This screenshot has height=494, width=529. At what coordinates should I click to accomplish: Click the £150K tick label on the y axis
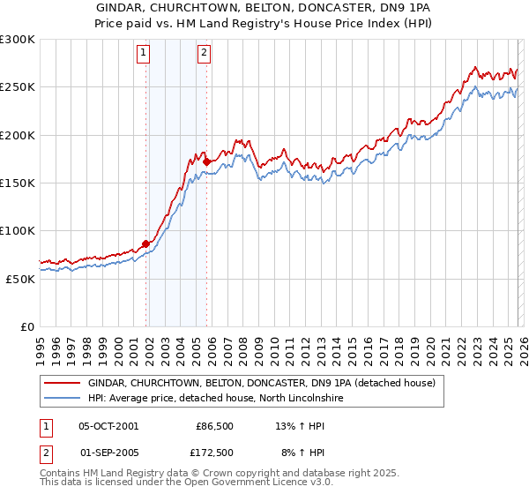point(17,183)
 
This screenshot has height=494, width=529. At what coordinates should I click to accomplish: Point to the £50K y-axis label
point(19,279)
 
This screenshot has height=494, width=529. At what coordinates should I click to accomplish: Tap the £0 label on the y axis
point(27,326)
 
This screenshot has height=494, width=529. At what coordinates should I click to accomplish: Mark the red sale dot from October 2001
point(145,244)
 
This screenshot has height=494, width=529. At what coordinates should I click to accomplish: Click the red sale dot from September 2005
point(206,162)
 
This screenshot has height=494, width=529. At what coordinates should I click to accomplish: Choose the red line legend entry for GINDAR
point(261,384)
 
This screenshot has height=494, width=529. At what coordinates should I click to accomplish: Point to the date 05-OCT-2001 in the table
point(108,426)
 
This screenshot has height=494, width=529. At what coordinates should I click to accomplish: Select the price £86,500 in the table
point(214,426)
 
